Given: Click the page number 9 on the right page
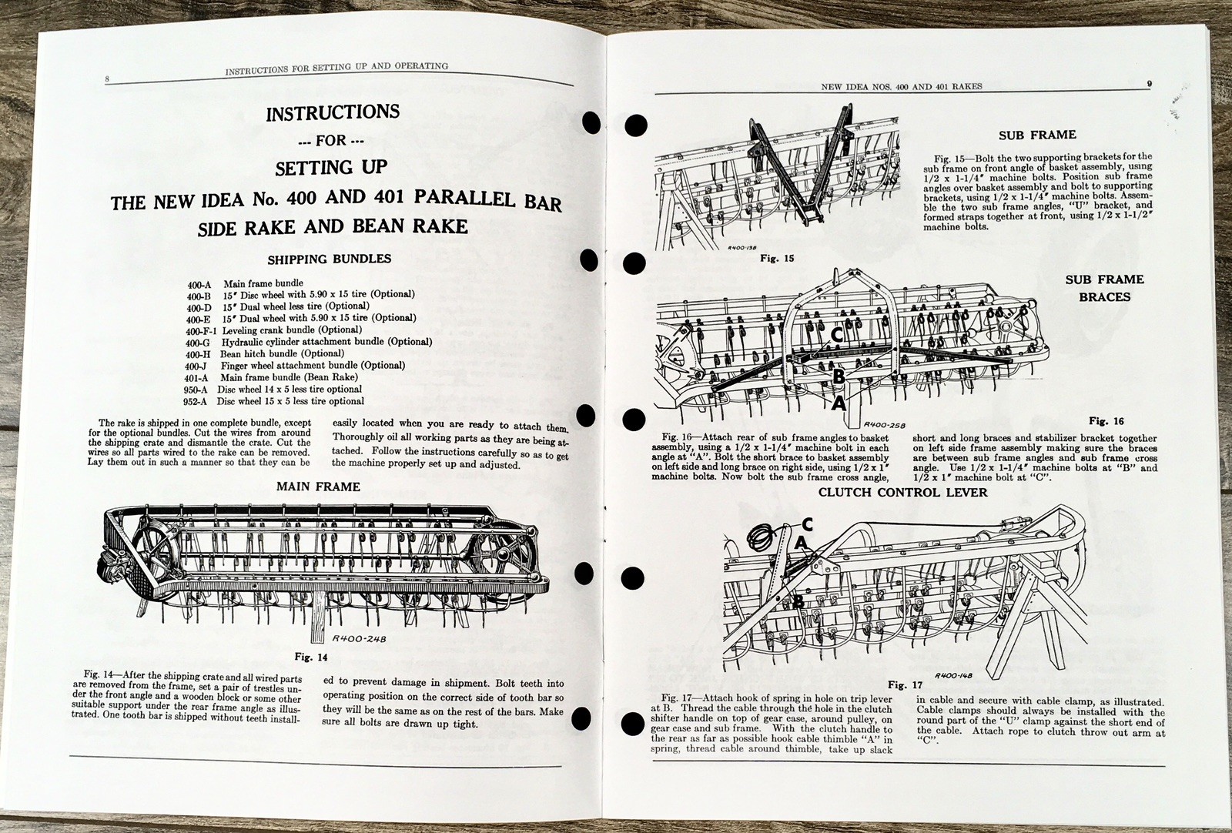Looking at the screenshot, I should [1148, 85].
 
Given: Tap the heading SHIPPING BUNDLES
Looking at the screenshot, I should [329, 259].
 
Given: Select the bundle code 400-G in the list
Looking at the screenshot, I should [198, 342].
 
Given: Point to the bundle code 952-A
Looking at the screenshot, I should [196, 401].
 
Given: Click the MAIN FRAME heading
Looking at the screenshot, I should [318, 487].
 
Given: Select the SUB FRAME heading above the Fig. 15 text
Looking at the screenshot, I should [1037, 135].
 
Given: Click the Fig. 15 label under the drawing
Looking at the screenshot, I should [777, 258].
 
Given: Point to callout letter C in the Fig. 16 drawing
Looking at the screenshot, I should [835, 336].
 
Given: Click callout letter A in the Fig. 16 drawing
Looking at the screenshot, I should [838, 401].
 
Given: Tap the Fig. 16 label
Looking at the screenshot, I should [1106, 421].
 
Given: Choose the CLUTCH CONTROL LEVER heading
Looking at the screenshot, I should [902, 492].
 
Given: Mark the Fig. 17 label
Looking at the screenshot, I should [905, 684].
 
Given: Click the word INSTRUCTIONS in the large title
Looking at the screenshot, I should [332, 112].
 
